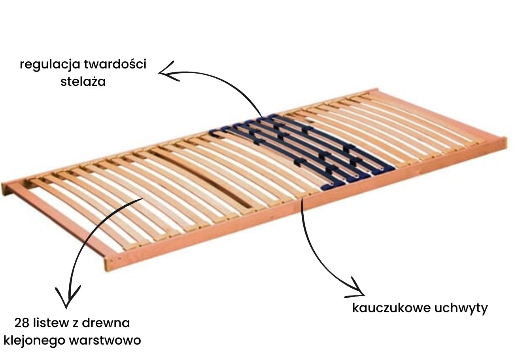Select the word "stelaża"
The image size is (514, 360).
(x=83, y=82)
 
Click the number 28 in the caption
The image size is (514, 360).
(x=22, y=323)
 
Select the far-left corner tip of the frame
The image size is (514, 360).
(x=3, y=188)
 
